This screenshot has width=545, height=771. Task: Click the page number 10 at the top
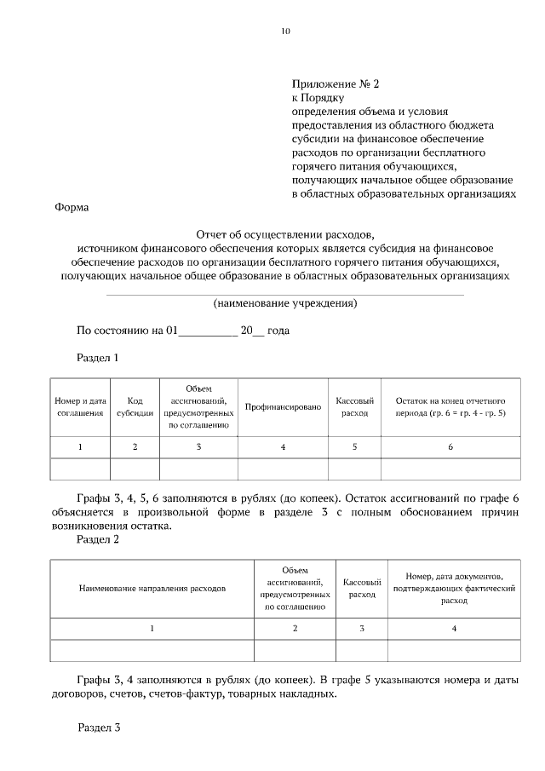click(285, 32)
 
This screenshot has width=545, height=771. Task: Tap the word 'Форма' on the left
click(71, 206)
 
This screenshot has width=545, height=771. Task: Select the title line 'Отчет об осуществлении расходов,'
click(285, 233)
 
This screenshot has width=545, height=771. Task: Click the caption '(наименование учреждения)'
click(285, 303)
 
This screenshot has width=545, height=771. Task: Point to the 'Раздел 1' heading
click(98, 357)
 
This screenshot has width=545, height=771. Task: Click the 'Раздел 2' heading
click(98, 539)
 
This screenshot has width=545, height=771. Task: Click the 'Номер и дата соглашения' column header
click(80, 406)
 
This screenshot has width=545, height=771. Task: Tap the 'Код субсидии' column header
click(135, 406)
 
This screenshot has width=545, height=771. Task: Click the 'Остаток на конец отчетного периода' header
click(450, 406)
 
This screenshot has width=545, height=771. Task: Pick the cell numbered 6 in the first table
click(450, 447)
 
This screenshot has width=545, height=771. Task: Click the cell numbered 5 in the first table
click(354, 447)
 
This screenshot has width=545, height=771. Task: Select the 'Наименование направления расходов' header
click(152, 588)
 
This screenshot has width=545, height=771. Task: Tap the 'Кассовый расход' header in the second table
click(361, 588)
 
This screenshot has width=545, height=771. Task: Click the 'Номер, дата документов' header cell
click(454, 588)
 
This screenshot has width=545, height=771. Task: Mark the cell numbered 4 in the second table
click(454, 629)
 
